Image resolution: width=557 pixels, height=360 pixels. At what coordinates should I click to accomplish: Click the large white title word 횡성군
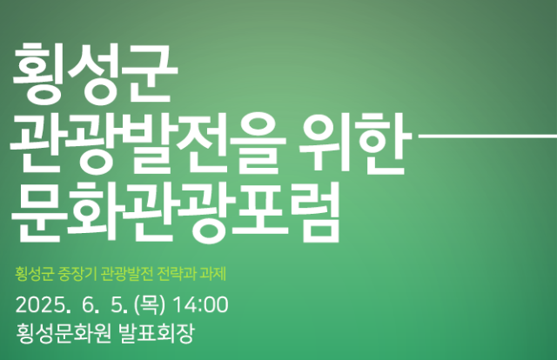coord(95,74)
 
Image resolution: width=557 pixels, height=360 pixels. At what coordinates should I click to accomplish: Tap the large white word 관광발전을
coord(148,143)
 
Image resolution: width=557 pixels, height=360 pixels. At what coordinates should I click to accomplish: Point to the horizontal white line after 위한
coord(487,136)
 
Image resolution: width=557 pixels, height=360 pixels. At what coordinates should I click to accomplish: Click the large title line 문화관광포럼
coord(175,212)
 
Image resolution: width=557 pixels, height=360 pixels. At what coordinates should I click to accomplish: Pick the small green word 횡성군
coord(34,274)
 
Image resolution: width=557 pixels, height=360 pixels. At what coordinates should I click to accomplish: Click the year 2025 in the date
coord(40,305)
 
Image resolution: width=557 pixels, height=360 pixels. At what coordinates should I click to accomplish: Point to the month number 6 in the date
coord(87,305)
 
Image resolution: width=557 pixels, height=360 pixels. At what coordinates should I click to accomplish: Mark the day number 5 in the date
coord(116,305)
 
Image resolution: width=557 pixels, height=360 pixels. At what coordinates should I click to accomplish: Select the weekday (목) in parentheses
coord(150,305)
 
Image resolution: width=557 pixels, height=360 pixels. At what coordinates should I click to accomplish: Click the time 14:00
coord(200,305)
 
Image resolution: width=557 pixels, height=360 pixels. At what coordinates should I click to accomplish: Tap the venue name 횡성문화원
coord(64,334)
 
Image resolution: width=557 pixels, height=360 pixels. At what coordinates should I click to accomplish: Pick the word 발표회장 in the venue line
coord(157,334)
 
